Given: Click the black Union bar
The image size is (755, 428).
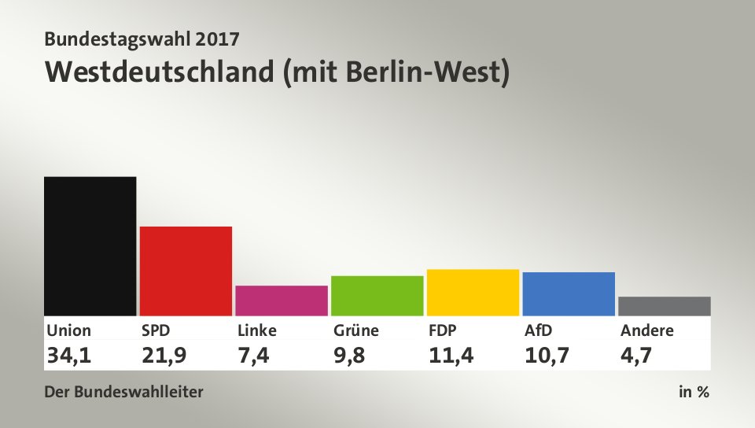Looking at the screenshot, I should pyautogui.click(x=90, y=245).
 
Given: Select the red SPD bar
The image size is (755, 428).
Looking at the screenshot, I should pyautogui.click(x=186, y=271).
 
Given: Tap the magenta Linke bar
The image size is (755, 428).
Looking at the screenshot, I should pyautogui.click(x=281, y=300).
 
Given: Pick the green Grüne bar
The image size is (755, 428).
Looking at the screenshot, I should pyautogui.click(x=377, y=295).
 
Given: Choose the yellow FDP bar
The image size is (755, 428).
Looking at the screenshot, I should pyautogui.click(x=473, y=292).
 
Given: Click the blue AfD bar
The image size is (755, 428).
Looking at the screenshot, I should pyautogui.click(x=568, y=293).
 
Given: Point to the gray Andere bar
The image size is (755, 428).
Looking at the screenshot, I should pyautogui.click(x=664, y=306).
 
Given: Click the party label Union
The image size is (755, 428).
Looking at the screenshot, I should pyautogui.click(x=68, y=330).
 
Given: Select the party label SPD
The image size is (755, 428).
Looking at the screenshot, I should pyautogui.click(x=156, y=330).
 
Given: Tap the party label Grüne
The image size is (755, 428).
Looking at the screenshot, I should pyautogui.click(x=355, y=330).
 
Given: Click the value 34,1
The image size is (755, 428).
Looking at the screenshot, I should pyautogui.click(x=68, y=355).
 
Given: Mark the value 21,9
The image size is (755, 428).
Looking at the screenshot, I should pyautogui.click(x=164, y=355).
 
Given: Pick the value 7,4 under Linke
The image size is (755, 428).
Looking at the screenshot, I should pyautogui.click(x=253, y=355).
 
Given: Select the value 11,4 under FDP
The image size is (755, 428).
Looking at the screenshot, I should pyautogui.click(x=451, y=355).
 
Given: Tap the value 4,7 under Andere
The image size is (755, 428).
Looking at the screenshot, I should pyautogui.click(x=636, y=355).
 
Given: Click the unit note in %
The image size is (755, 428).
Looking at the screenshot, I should pyautogui.click(x=694, y=391).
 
